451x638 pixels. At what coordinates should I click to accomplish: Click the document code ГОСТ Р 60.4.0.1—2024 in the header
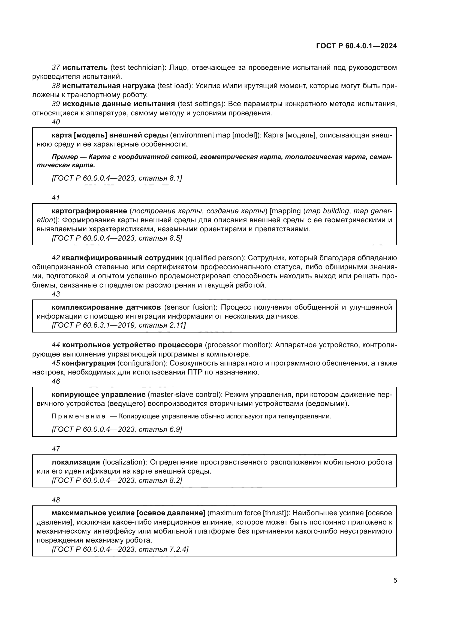pos(356,46)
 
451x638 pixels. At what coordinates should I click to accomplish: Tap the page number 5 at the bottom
pos(395,580)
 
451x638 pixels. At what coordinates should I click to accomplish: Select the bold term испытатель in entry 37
pos(85,68)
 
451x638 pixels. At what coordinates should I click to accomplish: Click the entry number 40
pos(56,122)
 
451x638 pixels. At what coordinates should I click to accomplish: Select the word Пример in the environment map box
pos(65,157)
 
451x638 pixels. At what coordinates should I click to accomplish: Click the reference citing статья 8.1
pos(117,178)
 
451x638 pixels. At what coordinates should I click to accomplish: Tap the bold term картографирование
pos(89,211)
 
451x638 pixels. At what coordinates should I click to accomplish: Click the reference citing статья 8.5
pos(117,238)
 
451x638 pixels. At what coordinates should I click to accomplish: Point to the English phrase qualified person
pos(215,258)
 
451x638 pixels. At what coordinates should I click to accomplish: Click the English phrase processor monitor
pos(239,345)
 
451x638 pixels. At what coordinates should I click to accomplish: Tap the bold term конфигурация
pos(88,363)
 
